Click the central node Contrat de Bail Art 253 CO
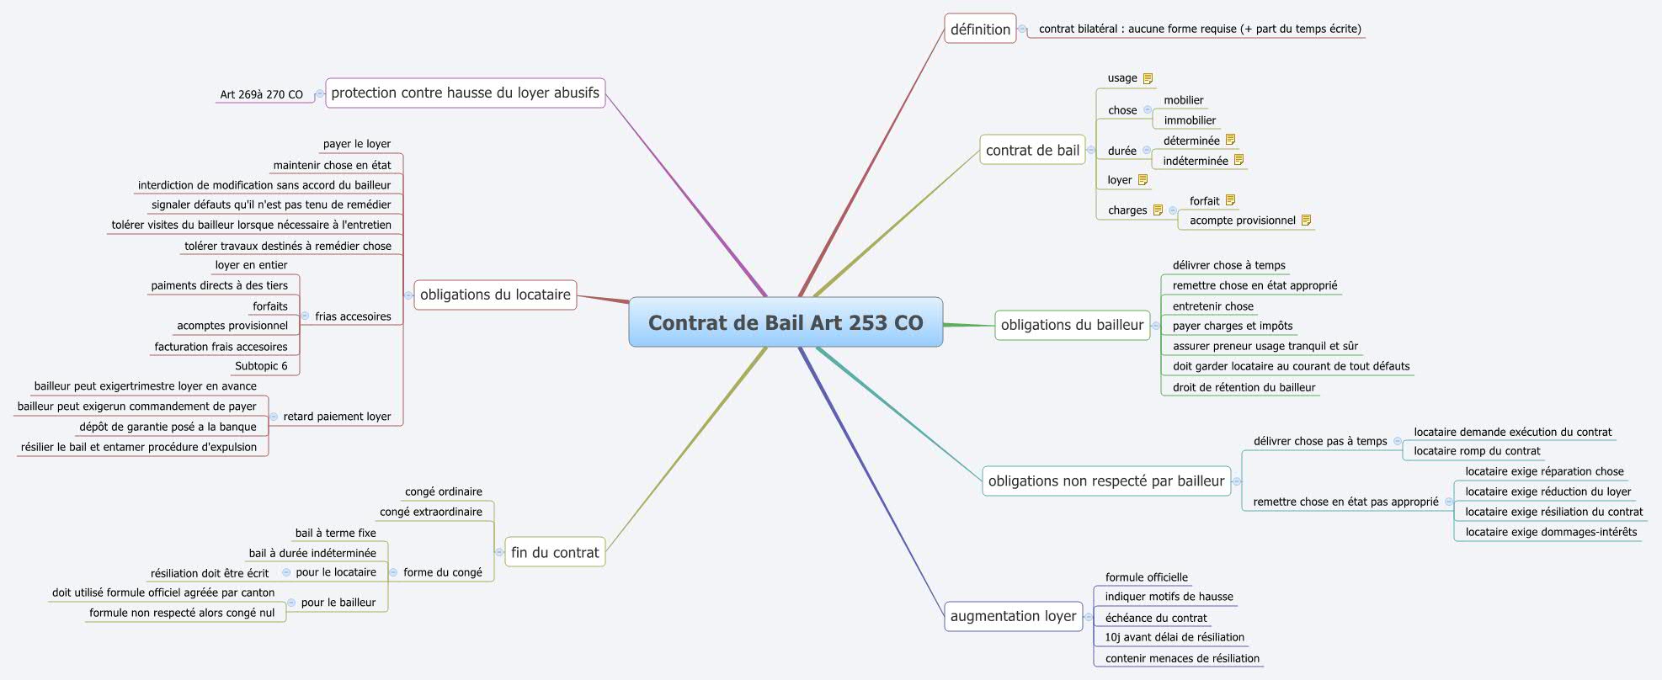[785, 322]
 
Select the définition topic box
[980, 29]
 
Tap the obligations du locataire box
[495, 295]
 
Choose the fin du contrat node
[555, 552]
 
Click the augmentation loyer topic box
[1013, 616]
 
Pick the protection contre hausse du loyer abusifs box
[465, 93]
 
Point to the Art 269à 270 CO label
[261, 94]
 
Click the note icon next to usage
[1148, 78]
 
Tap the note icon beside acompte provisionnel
[1306, 220]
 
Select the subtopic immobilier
[1190, 120]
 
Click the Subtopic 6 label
[261, 366]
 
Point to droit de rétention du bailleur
[1244, 387]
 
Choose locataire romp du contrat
[1477, 451]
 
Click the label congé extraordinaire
[430, 512]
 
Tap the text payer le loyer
[356, 144]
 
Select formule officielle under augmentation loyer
[1146, 577]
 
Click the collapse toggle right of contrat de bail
[1091, 151]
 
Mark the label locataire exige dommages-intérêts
[1551, 532]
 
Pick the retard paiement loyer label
[337, 417]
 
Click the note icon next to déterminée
[1230, 140]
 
